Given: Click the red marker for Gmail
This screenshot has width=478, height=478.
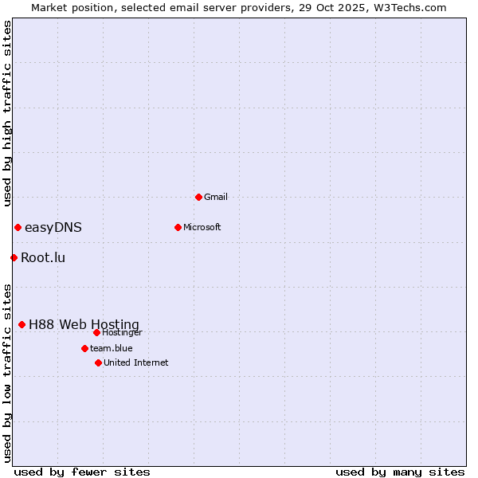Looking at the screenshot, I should pos(198,197).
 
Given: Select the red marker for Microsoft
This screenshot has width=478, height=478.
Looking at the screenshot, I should pos(178,227).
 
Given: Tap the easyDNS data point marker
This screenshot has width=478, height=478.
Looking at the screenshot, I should pos(18,227).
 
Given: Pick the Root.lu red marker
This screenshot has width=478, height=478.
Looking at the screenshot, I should pos(14,257).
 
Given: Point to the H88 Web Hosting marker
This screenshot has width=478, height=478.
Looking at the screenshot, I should pos(22,324).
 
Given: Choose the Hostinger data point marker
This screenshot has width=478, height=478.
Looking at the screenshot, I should pos(96,332).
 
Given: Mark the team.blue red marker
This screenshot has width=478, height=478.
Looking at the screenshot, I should pos(84,348).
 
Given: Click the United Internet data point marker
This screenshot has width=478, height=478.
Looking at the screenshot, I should pos(98,362).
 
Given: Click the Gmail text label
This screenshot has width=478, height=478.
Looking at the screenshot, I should pos(216,197).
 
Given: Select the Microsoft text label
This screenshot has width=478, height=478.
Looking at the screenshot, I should pos(202,227).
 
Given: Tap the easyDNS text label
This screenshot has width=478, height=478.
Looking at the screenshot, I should pos(53,227).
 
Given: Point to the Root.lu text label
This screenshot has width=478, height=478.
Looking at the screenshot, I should pos(43,257).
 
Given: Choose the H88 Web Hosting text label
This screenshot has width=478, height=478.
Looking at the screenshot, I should pos(84,324).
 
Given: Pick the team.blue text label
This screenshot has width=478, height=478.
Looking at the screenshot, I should pos(112,348).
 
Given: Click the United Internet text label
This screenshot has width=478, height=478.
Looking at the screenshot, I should pos(136,362).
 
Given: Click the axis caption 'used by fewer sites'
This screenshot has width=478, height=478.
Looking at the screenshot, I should pos(82,472).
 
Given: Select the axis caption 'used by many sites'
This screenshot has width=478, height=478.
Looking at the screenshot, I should pos(400,472).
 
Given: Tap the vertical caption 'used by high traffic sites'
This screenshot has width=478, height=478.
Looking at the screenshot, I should pos(7,113).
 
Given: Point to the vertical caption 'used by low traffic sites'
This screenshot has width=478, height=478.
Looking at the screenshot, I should pos(7,373).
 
